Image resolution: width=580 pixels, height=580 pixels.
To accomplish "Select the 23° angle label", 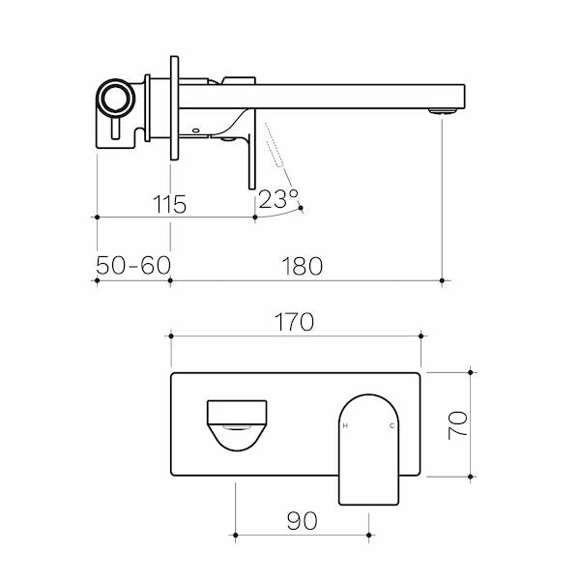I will point(277,200).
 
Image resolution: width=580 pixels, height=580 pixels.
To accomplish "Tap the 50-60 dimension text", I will point(132,266).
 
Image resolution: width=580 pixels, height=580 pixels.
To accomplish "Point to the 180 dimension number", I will point(302,266).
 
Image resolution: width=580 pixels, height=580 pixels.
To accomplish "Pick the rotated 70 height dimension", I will point(458,424).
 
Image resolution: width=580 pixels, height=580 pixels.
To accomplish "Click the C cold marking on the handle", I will point(391,426).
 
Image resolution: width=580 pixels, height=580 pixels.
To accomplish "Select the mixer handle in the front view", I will point(368,447).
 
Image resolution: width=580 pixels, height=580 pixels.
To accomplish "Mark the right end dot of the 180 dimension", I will point(442,281).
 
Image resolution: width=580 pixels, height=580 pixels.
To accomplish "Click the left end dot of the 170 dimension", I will point(171,336).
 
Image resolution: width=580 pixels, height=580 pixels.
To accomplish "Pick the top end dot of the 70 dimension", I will point(471,371).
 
